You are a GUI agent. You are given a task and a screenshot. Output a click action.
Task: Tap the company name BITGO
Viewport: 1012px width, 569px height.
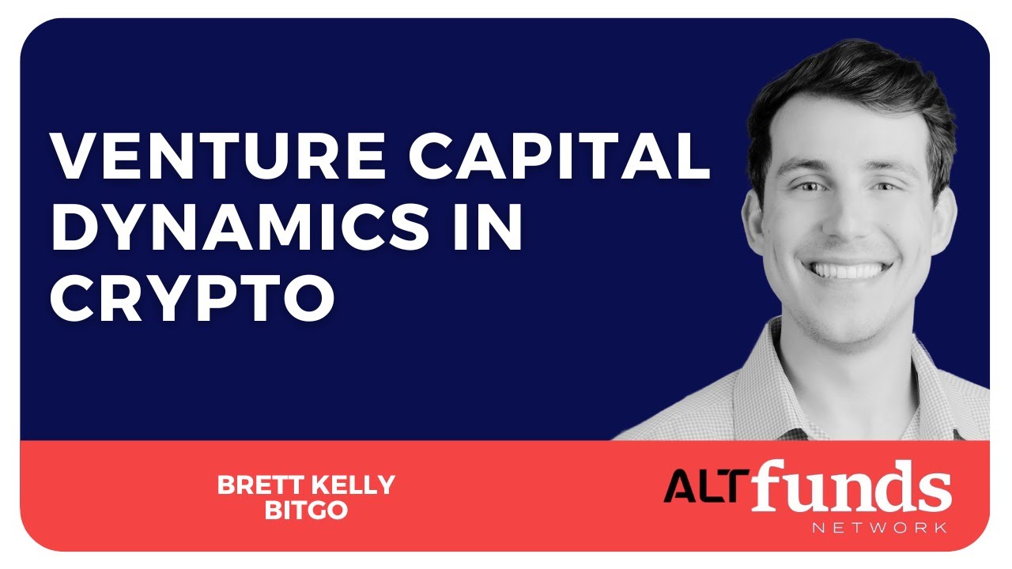(x=306, y=510)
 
